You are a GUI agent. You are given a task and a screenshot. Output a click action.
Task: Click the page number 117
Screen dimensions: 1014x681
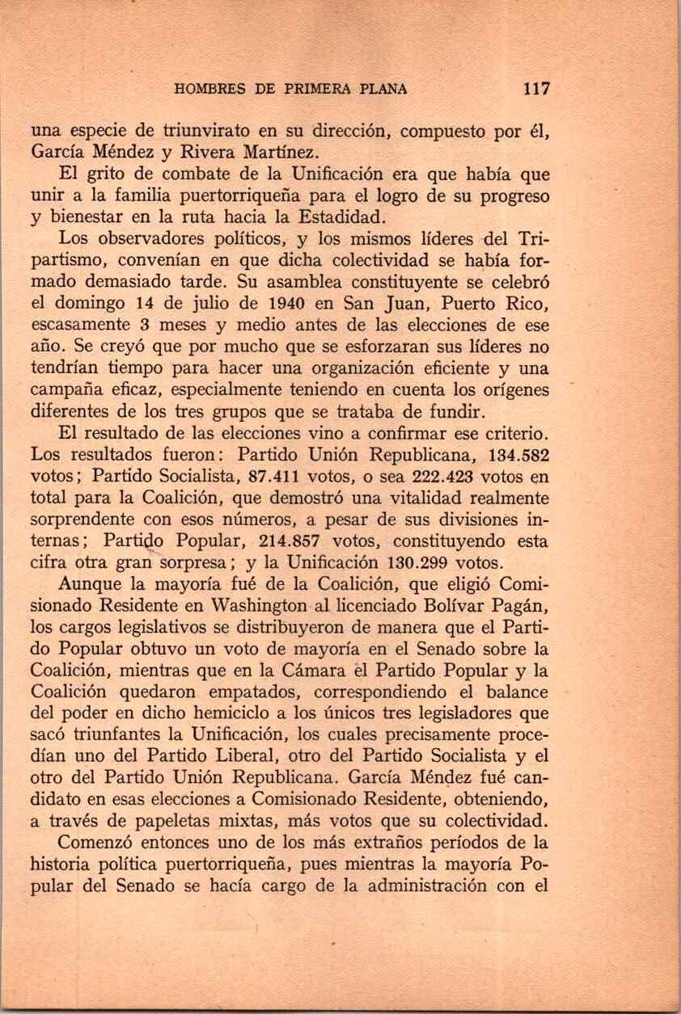tap(536, 89)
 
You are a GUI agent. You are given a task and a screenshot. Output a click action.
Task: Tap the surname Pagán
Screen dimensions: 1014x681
tap(518, 605)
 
